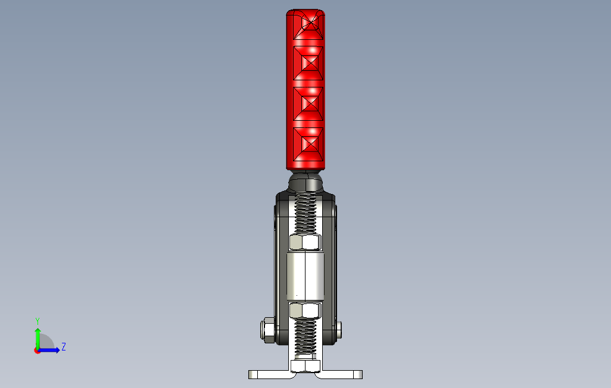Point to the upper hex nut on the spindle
[x=305, y=242]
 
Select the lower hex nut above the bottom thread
[x=305, y=309]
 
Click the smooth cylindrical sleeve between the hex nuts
[x=305, y=276]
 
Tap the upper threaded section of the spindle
[x=305, y=214]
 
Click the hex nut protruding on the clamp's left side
[x=266, y=330]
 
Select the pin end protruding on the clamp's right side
[x=339, y=330]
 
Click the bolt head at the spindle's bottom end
[x=305, y=365]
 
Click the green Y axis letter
[x=37, y=321]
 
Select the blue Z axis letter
[x=63, y=346]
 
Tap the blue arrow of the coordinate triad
[x=51, y=350]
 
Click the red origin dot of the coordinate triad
[x=37, y=351]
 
